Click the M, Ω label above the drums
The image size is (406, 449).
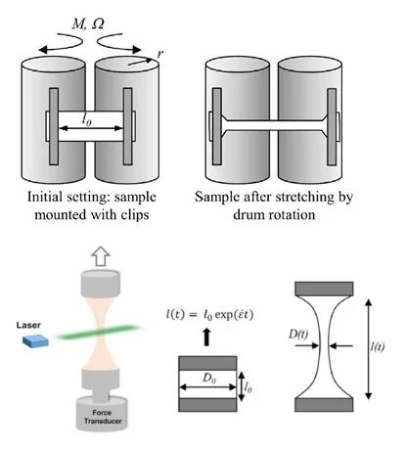[88, 23]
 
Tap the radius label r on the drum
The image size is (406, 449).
[159, 54]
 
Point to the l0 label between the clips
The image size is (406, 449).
[87, 120]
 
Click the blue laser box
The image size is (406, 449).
[35, 340]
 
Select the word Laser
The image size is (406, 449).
[28, 325]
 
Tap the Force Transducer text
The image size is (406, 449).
[103, 417]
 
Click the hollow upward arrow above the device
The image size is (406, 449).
[101, 256]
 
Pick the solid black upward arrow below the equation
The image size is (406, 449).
[206, 337]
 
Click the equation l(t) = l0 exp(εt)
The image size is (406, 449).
[209, 315]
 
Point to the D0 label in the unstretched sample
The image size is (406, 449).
[209, 378]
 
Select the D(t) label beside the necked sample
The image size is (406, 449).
[298, 335]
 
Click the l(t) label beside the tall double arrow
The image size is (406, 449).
[378, 346]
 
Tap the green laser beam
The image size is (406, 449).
[98, 332]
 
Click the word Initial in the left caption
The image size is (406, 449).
[45, 197]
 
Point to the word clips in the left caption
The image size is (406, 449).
[135, 215]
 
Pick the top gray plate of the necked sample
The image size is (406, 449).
[324, 289]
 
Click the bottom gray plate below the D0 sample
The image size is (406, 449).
[207, 405]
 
